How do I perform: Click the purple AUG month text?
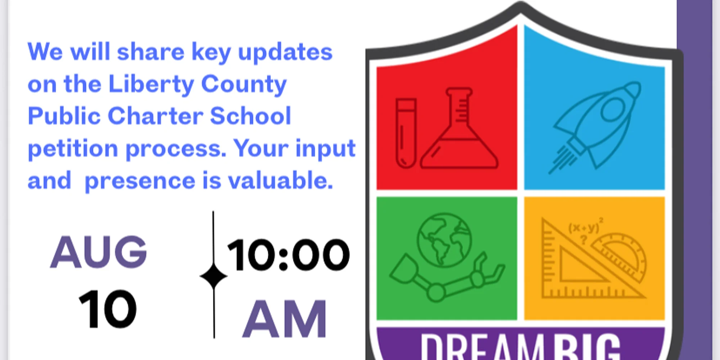tap(98, 252)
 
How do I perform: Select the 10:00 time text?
tap(288, 255)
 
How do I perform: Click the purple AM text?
tap(284, 319)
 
